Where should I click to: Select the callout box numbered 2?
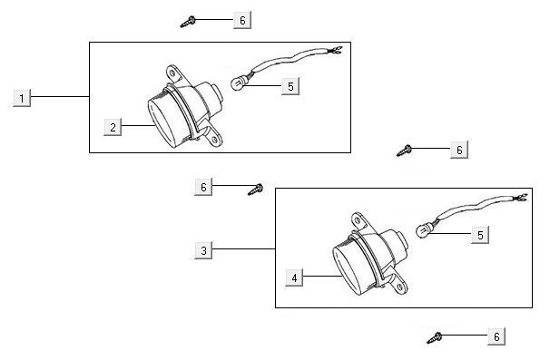point(113,127)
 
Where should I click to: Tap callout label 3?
point(205,248)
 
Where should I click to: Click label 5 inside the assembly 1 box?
point(290,85)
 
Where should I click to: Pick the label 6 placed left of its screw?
point(204,186)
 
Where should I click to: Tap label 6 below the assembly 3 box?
point(496,337)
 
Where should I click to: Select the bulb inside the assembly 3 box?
point(422,230)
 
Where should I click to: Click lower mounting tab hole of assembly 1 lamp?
point(215,140)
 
